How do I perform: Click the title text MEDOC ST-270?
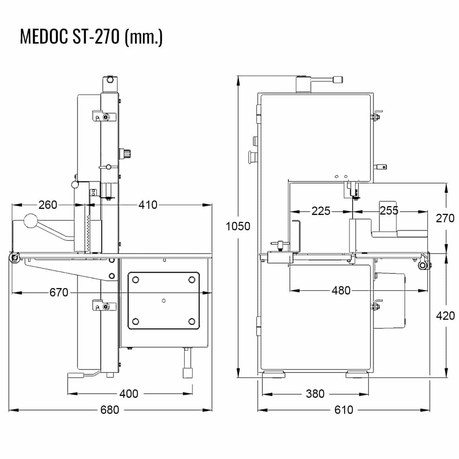pos(70,37)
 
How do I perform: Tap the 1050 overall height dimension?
pos(238,226)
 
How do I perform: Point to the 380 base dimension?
pos(315,394)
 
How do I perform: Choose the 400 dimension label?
pos(129,394)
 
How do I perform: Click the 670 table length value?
pos(59,292)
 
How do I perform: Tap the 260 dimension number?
pos(48,205)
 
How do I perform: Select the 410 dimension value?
pos(148,205)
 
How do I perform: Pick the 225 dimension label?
pos(321,211)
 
